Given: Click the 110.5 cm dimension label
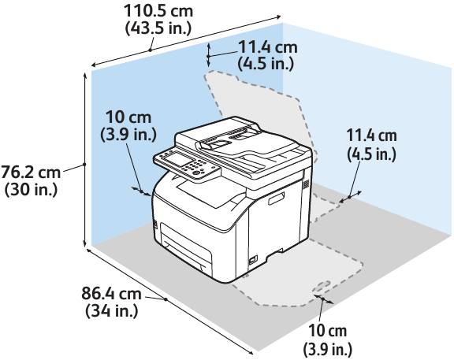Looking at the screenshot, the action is point(158,11).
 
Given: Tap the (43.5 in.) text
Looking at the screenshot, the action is point(158,28).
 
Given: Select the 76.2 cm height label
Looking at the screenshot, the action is point(30,173).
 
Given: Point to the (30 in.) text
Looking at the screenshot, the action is point(31,190).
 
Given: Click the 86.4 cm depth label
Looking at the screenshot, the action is point(111,293).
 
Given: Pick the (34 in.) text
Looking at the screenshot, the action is point(111,311).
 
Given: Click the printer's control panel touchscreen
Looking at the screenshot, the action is point(176,159).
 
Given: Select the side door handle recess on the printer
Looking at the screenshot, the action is point(276,199).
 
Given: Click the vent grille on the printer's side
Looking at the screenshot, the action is point(306,184).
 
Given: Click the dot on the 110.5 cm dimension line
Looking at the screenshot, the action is point(151,50).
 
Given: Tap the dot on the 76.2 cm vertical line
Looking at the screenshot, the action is point(84,165).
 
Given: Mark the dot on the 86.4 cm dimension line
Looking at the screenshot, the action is point(166,299).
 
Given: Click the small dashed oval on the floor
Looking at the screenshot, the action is point(322,287).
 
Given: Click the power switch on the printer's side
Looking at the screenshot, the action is point(253,260).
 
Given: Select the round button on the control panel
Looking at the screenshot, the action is point(195,173).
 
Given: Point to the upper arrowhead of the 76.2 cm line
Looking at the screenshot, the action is point(85,75).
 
